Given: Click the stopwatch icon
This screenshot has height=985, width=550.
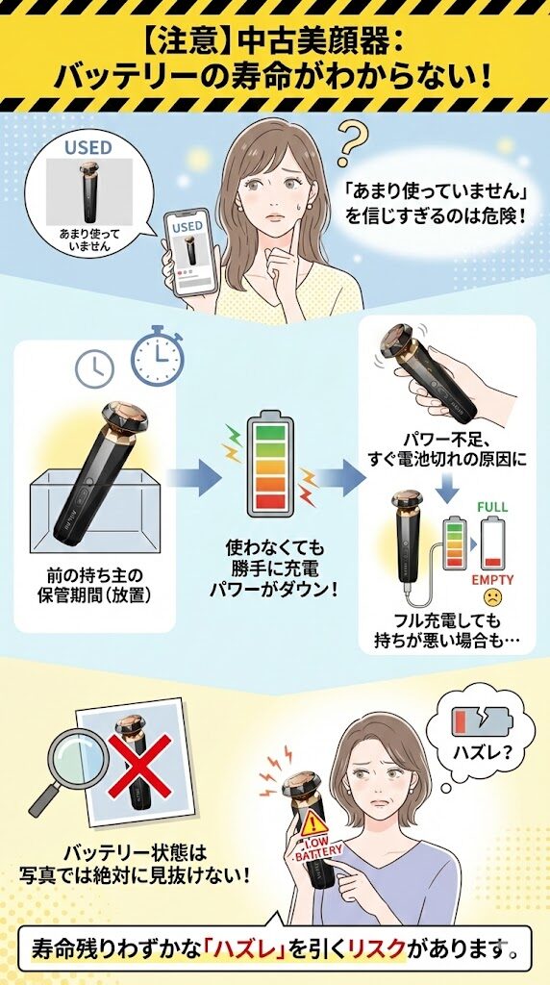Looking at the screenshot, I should pyautogui.click(x=157, y=356).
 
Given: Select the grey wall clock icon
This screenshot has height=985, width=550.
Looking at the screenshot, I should pyautogui.click(x=94, y=366).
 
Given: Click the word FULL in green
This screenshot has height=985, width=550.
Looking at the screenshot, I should pyautogui.click(x=492, y=507).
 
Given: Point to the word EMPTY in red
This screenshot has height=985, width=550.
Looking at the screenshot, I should pyautogui.click(x=492, y=580).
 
